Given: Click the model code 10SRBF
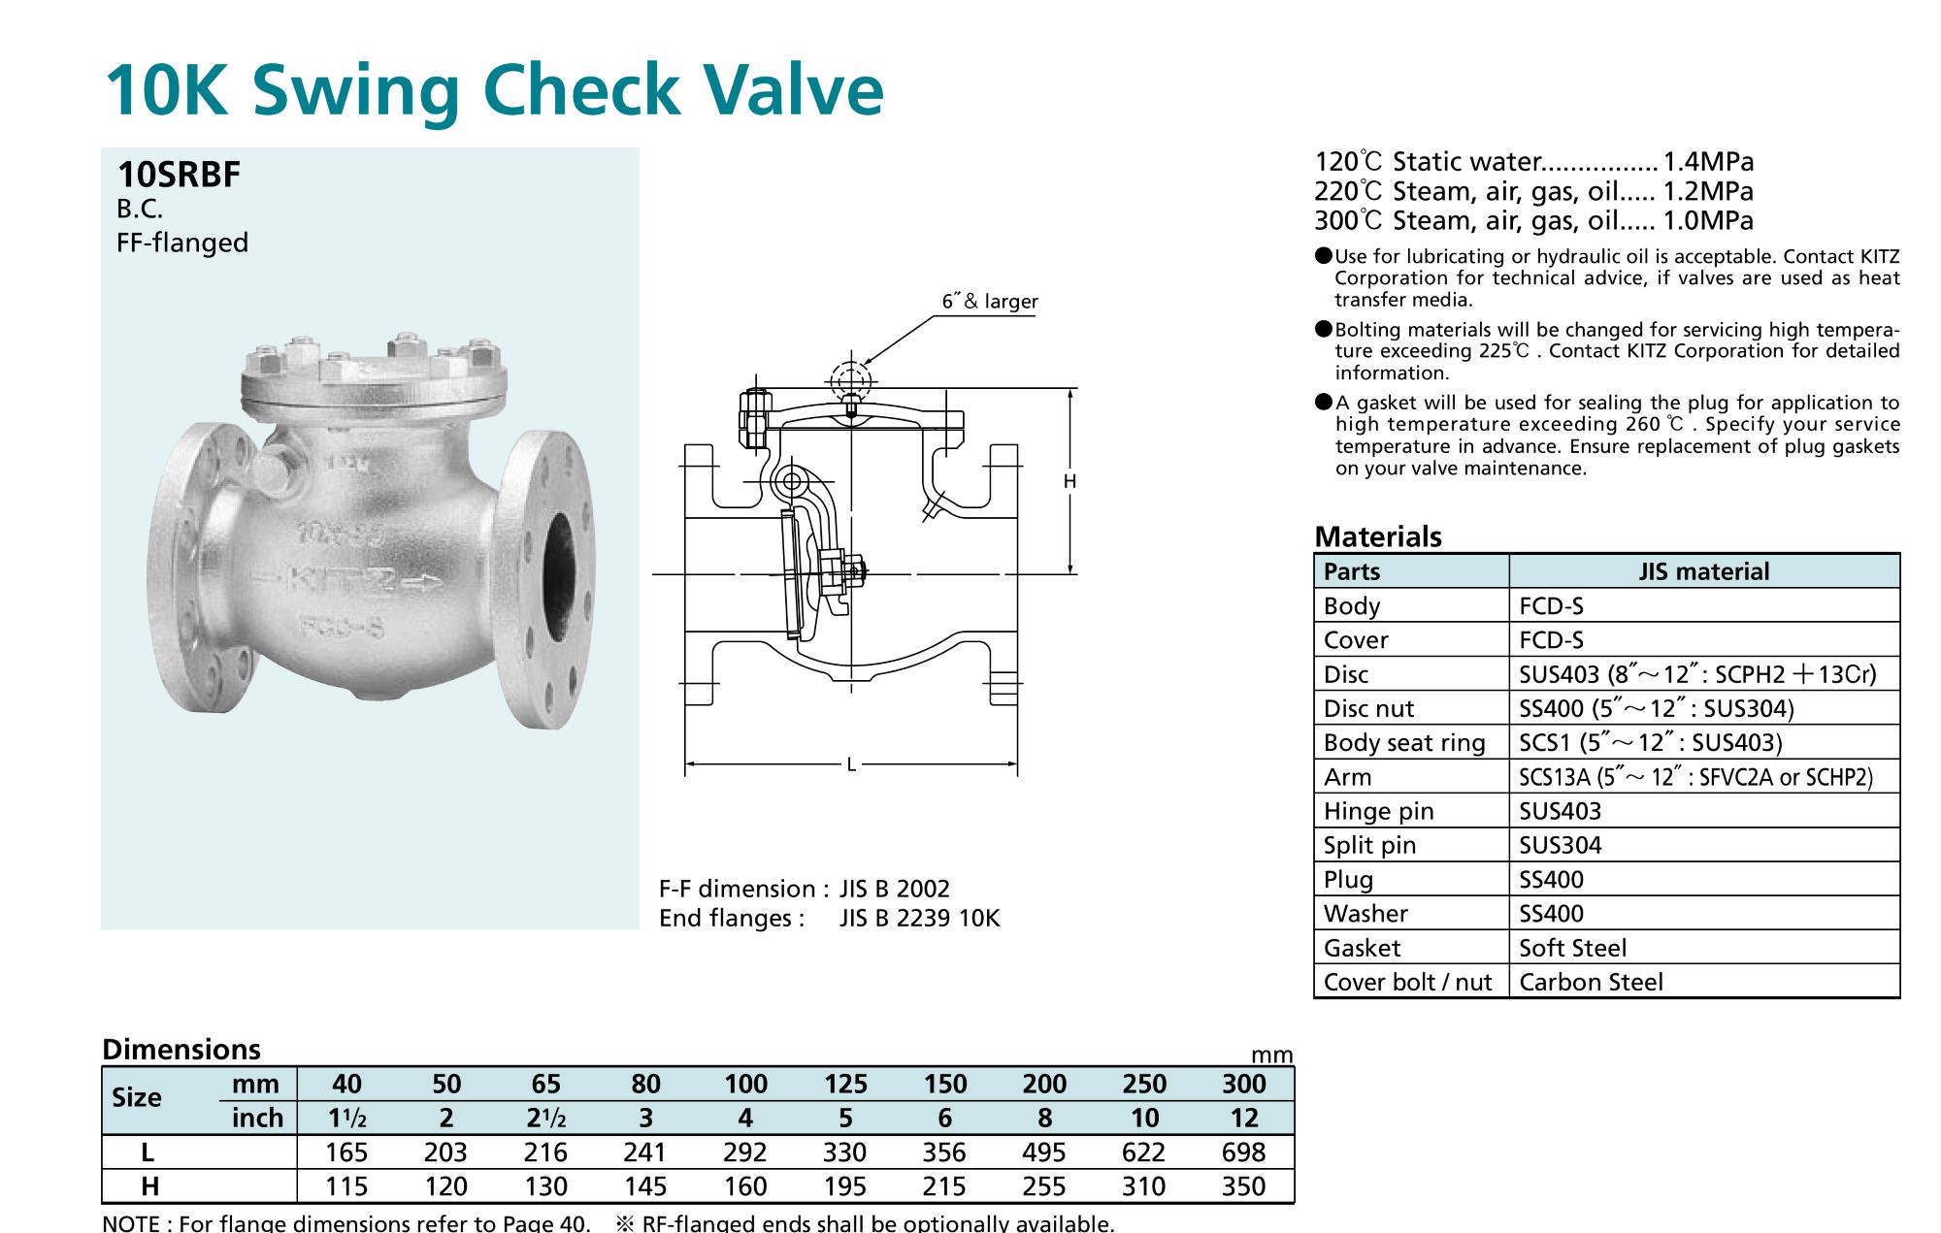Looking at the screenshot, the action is tap(179, 175).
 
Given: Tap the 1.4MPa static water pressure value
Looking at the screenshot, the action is tap(1708, 161).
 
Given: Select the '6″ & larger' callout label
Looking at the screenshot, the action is tap(990, 302).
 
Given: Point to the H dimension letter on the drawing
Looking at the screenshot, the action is tap(1069, 481).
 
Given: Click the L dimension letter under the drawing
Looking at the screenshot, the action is tap(851, 764).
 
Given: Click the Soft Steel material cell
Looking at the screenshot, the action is tap(1572, 948).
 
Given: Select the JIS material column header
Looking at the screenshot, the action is tap(1704, 571).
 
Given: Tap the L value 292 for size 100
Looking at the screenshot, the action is tap(745, 1152).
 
